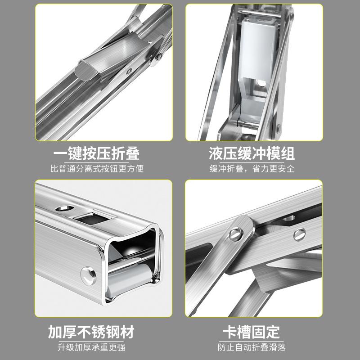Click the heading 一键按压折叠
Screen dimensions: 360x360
[x=96, y=153]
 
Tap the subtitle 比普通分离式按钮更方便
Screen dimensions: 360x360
[x=96, y=169]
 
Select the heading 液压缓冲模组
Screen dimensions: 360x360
[x=252, y=153]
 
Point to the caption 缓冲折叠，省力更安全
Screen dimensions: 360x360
[x=252, y=169]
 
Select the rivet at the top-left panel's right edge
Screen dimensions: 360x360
[x=158, y=56]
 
